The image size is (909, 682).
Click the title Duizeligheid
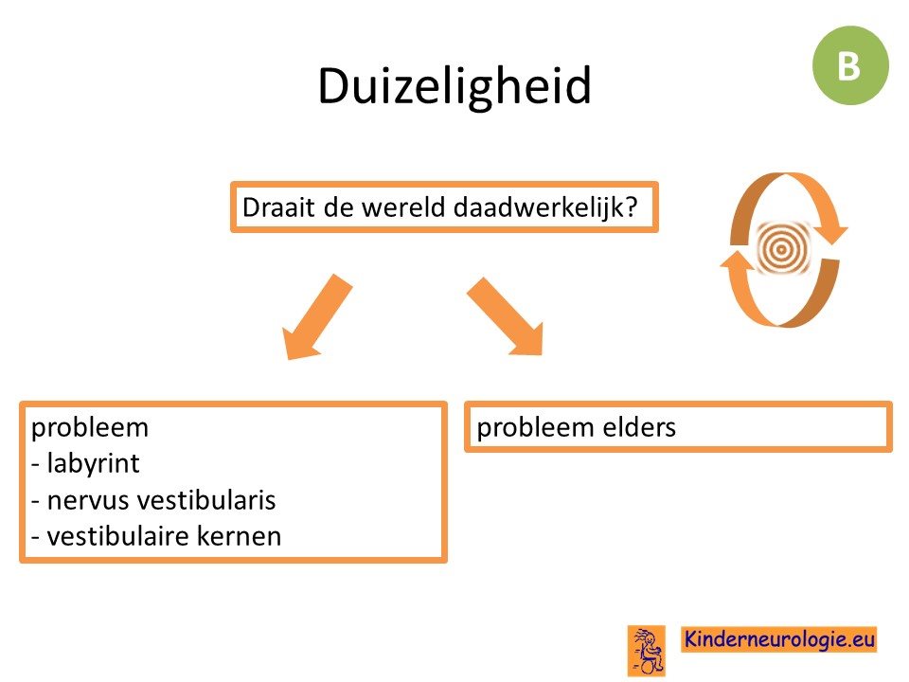coord(454,86)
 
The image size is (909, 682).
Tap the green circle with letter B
coord(850,65)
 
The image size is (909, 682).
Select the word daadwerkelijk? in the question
coord(545,207)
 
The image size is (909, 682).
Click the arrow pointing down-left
coord(316,317)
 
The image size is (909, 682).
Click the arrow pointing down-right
coord(506,316)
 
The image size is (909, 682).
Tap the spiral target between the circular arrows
coord(782,249)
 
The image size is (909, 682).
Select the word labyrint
coord(94,463)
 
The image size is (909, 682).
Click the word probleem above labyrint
coord(90,428)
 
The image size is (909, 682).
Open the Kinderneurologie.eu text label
coord(778,639)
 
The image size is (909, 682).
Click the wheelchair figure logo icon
coord(647,651)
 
